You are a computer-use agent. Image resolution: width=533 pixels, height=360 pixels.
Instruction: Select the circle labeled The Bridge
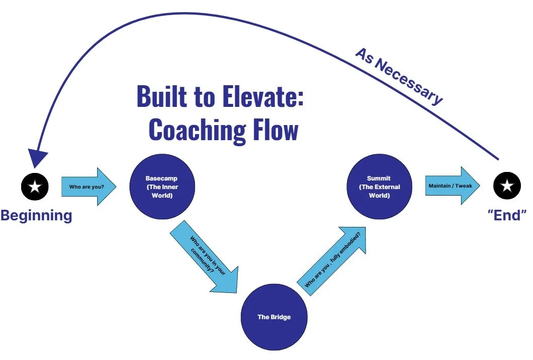[x=274, y=317]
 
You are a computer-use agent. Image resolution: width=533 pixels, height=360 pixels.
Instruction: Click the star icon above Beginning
[x=34, y=187]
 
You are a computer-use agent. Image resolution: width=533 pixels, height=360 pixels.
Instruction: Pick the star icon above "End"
[x=507, y=187]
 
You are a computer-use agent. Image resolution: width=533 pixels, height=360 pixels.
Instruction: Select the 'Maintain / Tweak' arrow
[x=450, y=186]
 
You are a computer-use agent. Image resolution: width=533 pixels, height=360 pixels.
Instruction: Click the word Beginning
[x=36, y=215]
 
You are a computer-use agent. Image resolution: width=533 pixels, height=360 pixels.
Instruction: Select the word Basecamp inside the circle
[x=161, y=178]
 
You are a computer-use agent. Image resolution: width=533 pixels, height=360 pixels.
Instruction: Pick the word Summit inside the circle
[x=379, y=178]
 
